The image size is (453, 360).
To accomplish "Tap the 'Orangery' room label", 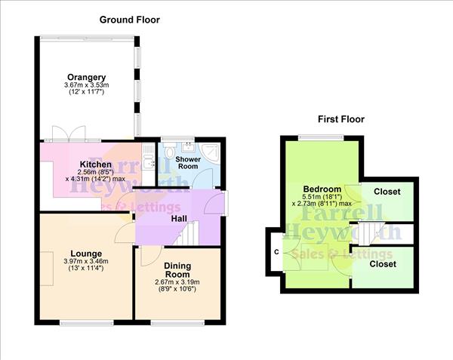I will [86, 77].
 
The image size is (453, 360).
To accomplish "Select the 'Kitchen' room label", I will [96, 165].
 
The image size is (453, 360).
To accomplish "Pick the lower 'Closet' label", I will [382, 265].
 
